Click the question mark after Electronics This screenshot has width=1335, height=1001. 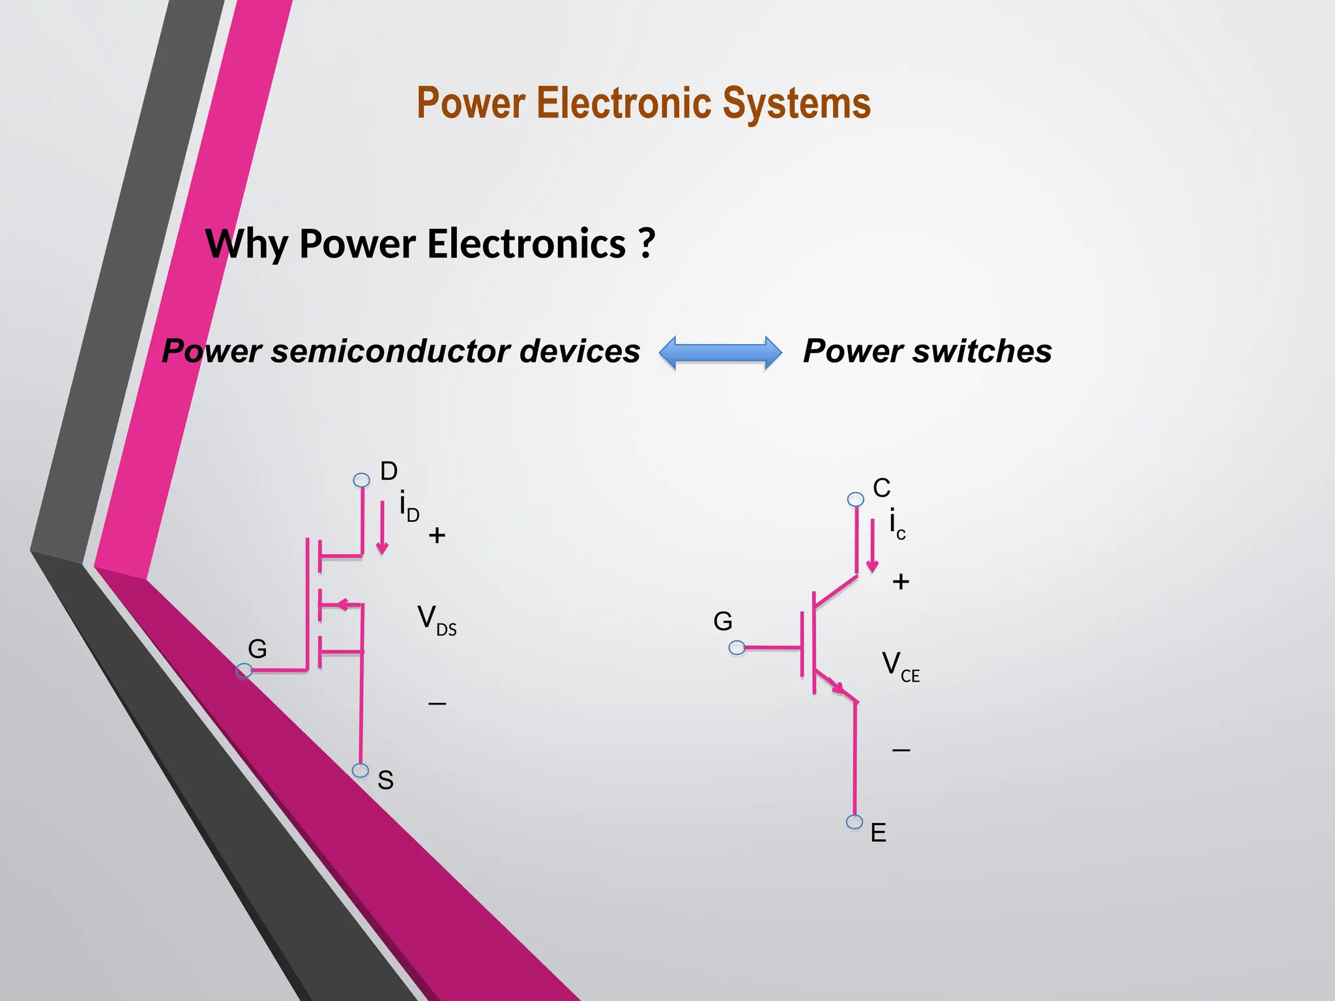click(646, 243)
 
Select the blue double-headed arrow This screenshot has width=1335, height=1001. click(720, 353)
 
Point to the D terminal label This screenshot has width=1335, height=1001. click(389, 471)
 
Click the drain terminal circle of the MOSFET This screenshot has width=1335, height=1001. click(361, 480)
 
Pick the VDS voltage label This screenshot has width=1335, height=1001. click(436, 619)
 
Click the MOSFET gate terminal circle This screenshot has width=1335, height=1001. click(244, 670)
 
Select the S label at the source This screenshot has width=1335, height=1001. click(385, 780)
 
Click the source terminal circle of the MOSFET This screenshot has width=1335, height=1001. click(360, 770)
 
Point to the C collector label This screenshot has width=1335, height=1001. click(881, 488)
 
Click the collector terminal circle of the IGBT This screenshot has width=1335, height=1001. click(855, 499)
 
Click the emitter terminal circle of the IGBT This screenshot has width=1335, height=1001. click(855, 822)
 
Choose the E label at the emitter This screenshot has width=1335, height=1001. click(878, 833)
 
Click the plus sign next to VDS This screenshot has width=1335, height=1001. click(437, 536)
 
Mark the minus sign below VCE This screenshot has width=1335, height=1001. click(901, 751)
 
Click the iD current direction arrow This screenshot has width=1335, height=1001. click(383, 528)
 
